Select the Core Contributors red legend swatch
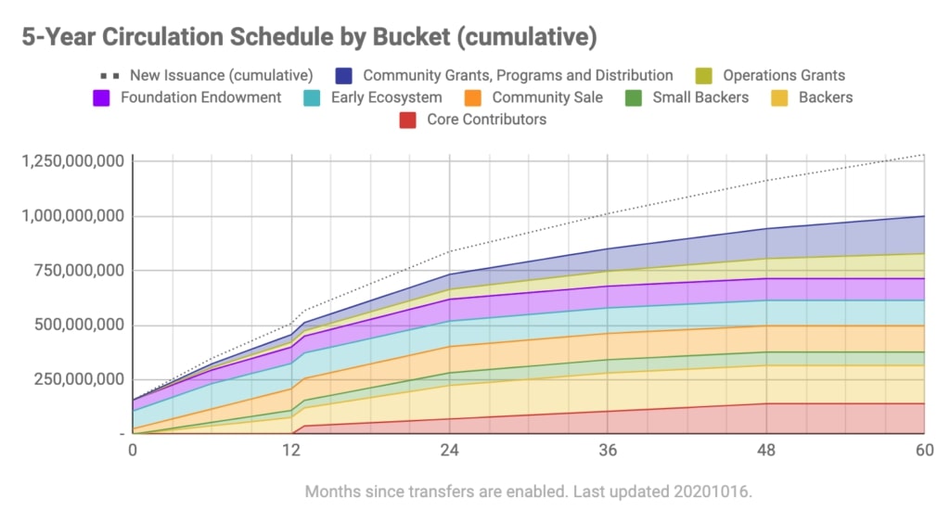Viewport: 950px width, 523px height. point(407,120)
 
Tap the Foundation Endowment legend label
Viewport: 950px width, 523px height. point(201,97)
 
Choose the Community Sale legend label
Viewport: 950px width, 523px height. point(547,97)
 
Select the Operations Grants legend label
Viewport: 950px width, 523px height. point(784,75)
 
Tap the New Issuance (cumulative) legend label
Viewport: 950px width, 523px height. point(221,75)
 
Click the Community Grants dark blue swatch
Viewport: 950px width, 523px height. point(343,75)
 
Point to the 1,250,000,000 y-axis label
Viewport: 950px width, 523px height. point(71,161)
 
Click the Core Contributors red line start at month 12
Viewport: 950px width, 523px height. point(292,433)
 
